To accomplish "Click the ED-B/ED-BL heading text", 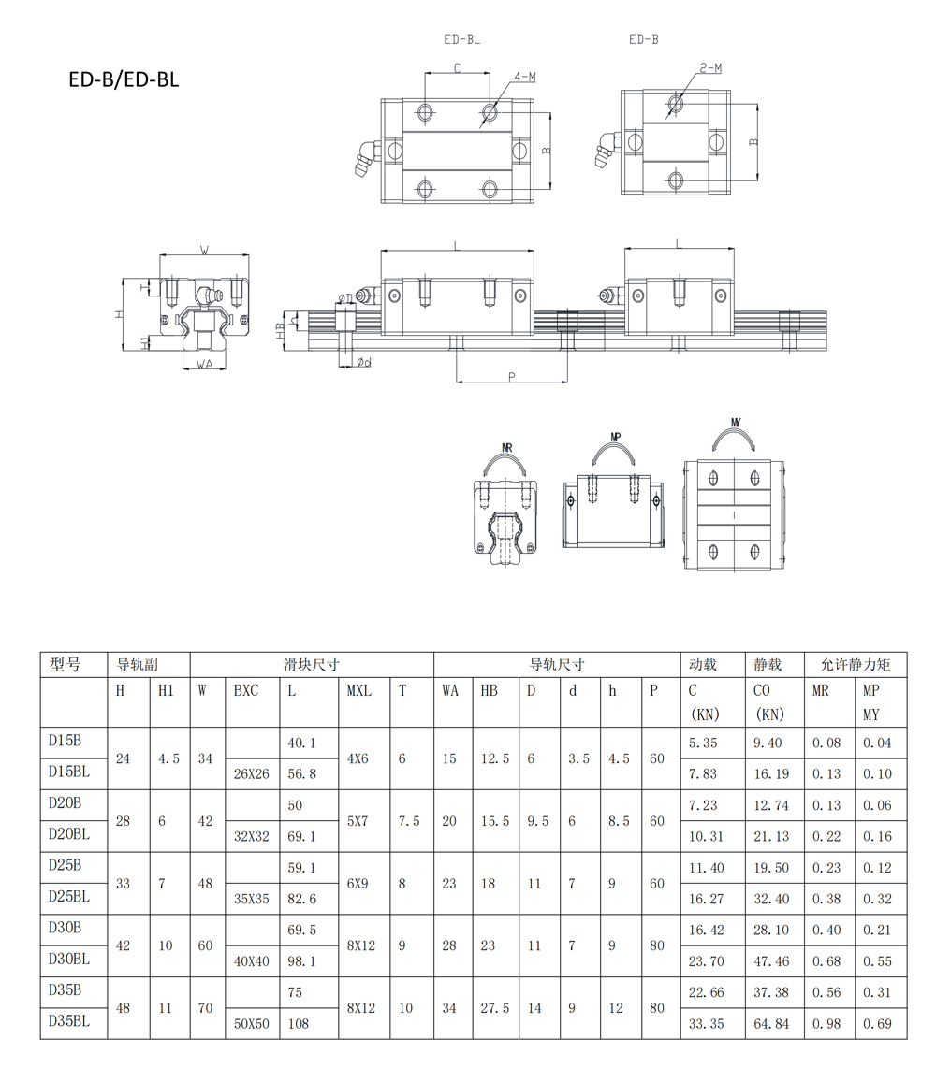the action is click(x=124, y=79).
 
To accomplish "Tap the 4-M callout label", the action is click(x=524, y=77).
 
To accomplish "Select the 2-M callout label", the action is click(x=710, y=68).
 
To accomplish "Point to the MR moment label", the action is click(x=506, y=448).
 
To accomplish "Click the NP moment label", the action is click(x=616, y=437).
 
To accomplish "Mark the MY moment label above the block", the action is click(x=736, y=423).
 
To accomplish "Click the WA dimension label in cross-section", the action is click(x=204, y=365).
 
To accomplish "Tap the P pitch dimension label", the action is click(x=511, y=377).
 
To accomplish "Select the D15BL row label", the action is click(x=69, y=772).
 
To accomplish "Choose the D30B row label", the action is click(x=65, y=927).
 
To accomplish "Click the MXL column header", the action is click(x=359, y=691).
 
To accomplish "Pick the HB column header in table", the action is click(x=489, y=691).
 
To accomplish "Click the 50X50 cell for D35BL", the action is click(x=252, y=1024).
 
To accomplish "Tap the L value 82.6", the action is click(x=302, y=899).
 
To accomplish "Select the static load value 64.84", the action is click(x=771, y=1024).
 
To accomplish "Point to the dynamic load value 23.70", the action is click(x=706, y=961).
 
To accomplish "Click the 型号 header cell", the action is click(x=65, y=665).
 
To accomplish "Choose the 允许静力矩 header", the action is click(x=855, y=665).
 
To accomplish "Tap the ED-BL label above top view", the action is click(x=461, y=39).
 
